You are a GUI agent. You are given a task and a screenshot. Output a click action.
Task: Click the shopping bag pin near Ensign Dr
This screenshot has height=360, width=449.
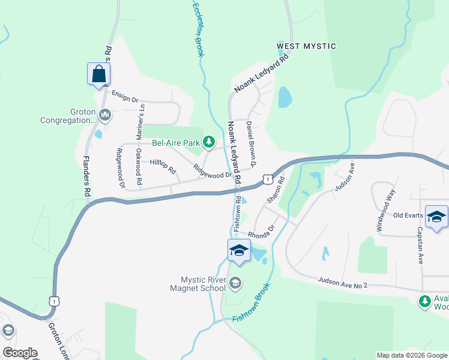[98, 75]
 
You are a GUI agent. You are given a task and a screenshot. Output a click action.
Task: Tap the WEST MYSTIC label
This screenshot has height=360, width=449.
[306, 46]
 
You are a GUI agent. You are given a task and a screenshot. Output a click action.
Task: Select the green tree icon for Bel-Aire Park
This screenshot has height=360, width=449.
[208, 142]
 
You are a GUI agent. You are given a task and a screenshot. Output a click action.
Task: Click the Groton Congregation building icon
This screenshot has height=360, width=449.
[105, 114]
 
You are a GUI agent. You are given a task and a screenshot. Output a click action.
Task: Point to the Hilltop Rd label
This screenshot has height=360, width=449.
[162, 166]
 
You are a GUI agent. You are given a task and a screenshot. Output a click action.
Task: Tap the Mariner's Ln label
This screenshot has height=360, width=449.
[142, 122]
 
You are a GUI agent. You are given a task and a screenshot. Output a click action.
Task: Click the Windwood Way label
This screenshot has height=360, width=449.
[387, 211]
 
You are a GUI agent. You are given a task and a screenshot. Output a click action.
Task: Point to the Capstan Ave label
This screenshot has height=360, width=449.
[420, 245]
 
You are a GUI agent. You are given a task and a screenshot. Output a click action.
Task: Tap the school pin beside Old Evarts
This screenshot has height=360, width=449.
[436, 217]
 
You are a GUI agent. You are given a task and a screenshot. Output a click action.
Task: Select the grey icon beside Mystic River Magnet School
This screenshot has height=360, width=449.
[235, 282]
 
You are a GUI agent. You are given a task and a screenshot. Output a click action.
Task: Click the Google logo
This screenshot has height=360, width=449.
[20, 353]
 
